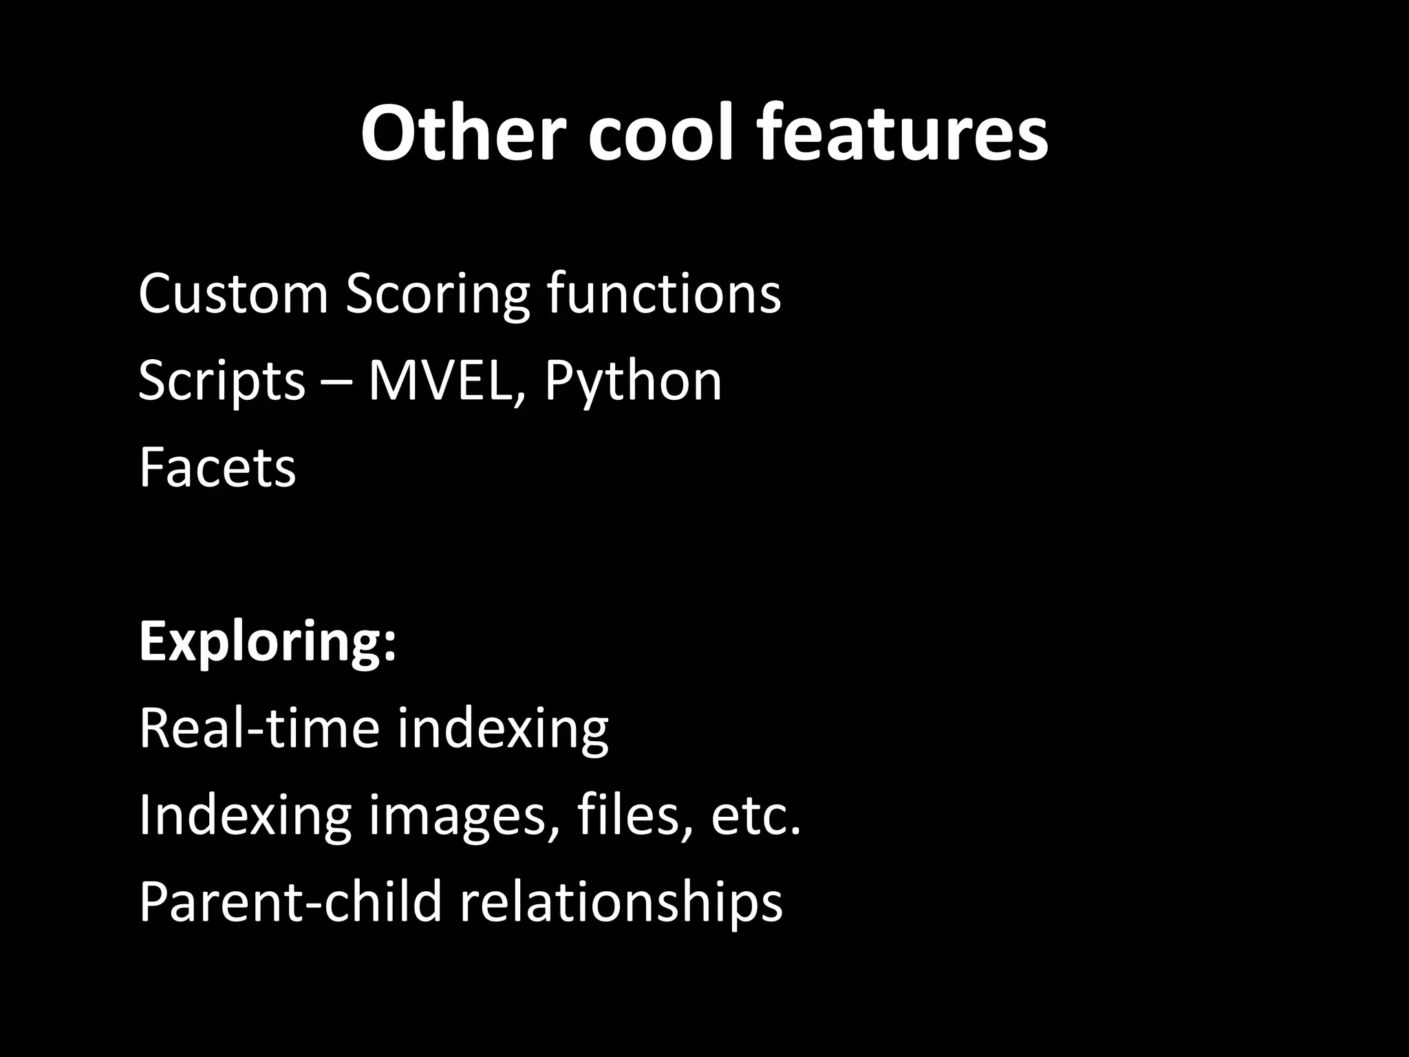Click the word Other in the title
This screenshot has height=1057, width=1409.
pos(458,132)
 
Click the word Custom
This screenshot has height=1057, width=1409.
pos(233,294)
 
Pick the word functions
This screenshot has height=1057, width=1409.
pos(664,294)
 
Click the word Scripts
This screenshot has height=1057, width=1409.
pos(222,382)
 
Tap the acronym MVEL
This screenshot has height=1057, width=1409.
pos(443,381)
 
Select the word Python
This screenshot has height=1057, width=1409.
pos(633,382)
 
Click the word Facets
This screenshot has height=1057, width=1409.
pos(217,468)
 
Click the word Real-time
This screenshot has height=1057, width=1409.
pos(259,728)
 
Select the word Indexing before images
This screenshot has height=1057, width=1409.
pos(245,816)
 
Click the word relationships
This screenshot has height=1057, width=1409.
pos(621,903)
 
